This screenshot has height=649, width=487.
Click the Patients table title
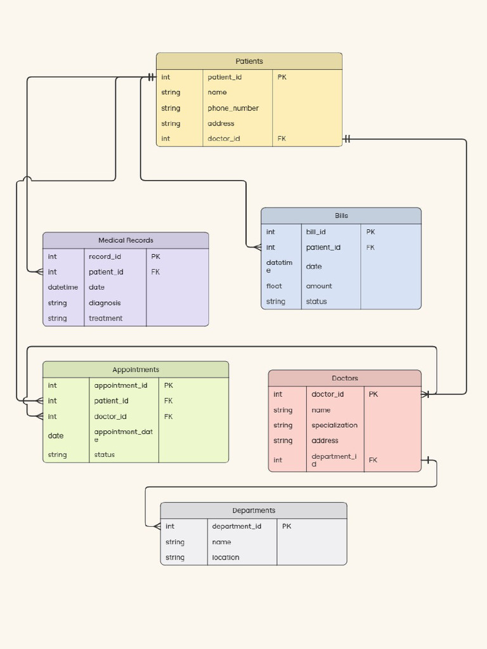(249, 61)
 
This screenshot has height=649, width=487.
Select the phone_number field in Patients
(233, 108)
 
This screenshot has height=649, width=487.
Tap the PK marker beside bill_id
(370, 232)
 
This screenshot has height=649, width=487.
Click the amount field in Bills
(319, 286)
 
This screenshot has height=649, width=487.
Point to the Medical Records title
(126, 240)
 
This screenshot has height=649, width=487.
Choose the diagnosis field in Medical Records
(105, 303)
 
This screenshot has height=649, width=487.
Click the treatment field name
(106, 318)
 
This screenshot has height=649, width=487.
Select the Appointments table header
(136, 369)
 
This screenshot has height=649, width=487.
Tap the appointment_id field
(120, 385)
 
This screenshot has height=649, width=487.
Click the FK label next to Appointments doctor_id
(168, 416)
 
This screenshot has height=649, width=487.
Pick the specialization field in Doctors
(335, 425)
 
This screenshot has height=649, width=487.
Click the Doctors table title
(344, 378)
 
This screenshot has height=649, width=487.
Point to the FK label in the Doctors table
(373, 460)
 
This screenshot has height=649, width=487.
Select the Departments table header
(254, 510)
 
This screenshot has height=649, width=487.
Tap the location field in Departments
(226, 558)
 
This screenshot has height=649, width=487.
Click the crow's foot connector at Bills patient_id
(257, 248)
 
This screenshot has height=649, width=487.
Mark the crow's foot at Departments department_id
(157, 527)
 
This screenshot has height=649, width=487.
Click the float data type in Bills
(274, 286)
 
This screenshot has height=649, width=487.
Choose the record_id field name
(105, 257)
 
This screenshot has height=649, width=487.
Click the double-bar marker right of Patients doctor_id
(347, 139)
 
